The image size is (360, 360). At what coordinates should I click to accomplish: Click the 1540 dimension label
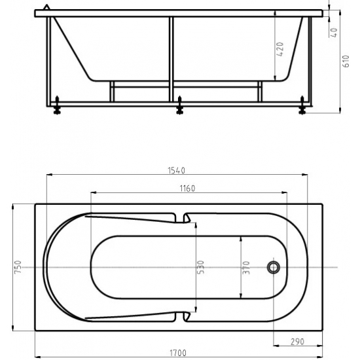[176, 171]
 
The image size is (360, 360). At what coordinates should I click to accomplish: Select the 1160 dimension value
[187, 189]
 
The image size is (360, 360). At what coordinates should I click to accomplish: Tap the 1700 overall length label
[178, 352]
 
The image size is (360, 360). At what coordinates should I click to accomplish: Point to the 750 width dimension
[18, 267]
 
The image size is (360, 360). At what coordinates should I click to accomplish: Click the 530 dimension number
[201, 267]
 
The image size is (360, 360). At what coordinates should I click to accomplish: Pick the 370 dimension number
[246, 268]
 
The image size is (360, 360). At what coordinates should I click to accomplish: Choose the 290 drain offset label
[297, 342]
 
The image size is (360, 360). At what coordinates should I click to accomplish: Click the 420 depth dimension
[280, 49]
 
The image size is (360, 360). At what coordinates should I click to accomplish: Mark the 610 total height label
[346, 61]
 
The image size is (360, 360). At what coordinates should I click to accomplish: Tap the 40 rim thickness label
[334, 33]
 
